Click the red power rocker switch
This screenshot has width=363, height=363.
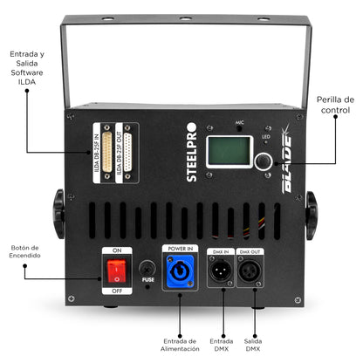[113, 273]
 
